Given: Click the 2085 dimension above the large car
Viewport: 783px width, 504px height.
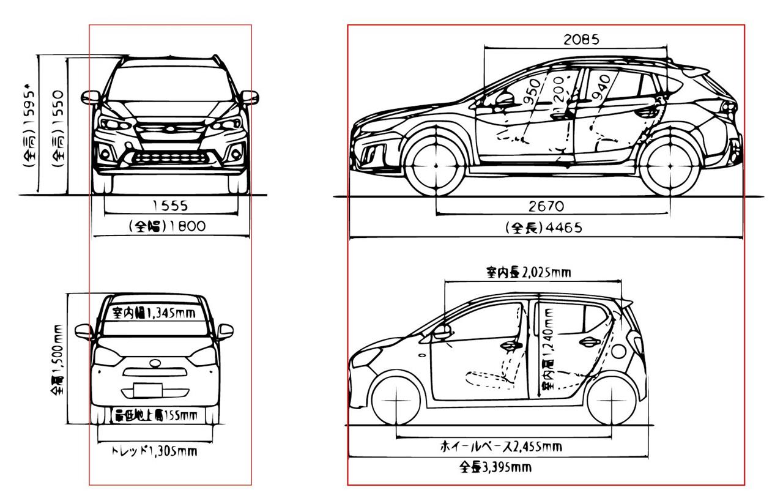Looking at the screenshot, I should [x=581, y=40].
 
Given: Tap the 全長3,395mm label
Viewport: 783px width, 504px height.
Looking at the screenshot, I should [x=495, y=469].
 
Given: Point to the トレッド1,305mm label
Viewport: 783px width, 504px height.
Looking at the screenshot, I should [x=154, y=452].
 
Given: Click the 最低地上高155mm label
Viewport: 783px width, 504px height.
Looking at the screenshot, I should [x=156, y=417].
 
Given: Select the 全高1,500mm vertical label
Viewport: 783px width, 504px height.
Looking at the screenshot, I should [x=58, y=360].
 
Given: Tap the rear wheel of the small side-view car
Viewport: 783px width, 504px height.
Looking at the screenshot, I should [x=612, y=399].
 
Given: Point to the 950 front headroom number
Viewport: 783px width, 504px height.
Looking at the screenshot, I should [x=533, y=92].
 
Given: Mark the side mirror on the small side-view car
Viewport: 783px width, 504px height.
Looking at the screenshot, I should [x=442, y=332].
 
